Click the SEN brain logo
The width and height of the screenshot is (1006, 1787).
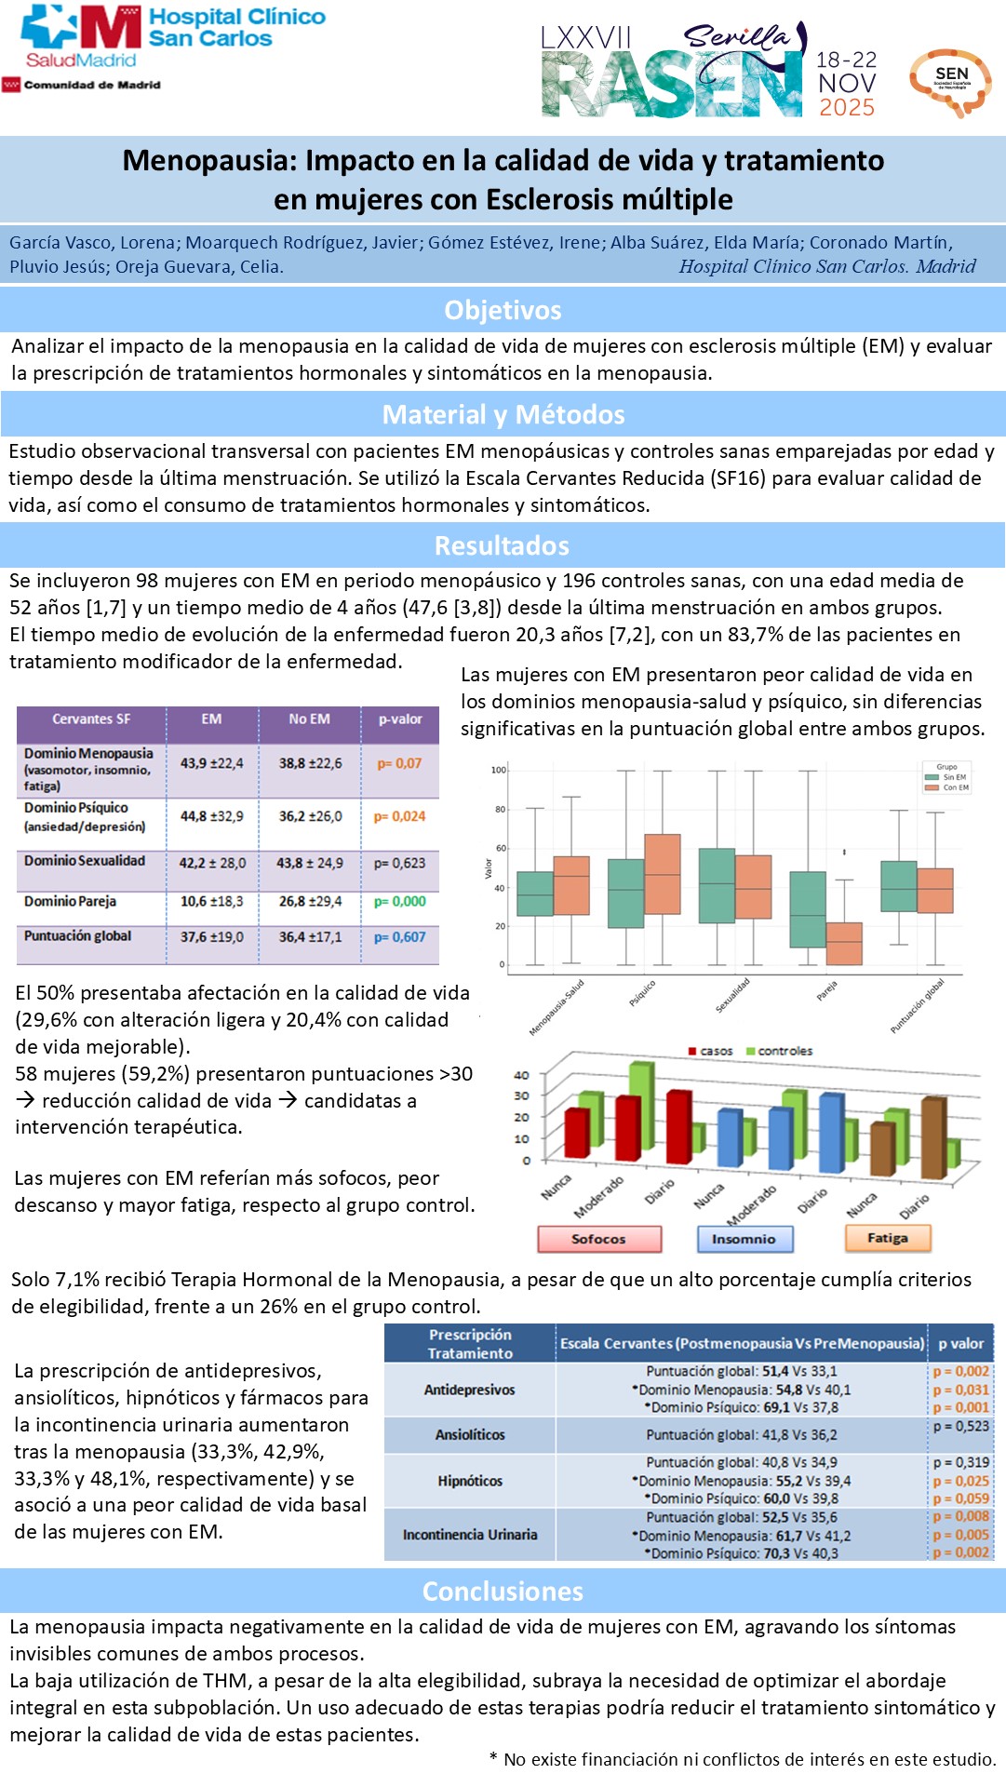click(950, 82)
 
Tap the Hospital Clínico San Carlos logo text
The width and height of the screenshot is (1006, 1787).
click(236, 28)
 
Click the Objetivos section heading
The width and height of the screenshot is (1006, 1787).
click(503, 310)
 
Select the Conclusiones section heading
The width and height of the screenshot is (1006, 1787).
click(503, 1592)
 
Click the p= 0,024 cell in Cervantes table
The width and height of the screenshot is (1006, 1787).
click(399, 816)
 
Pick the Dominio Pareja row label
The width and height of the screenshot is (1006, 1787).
click(71, 901)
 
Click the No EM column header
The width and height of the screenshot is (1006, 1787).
click(309, 719)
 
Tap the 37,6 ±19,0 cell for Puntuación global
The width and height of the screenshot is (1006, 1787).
click(211, 937)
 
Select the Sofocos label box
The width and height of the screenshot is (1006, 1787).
click(599, 1239)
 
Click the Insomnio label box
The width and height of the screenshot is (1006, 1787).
click(744, 1239)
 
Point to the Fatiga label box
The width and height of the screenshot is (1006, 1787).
click(887, 1238)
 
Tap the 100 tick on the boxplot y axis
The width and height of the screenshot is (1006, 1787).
click(499, 770)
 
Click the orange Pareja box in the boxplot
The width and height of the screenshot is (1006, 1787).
click(844, 944)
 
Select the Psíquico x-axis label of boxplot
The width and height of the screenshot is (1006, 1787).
click(642, 993)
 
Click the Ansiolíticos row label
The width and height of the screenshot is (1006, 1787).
click(470, 1435)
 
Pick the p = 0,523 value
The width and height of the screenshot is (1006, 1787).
click(961, 1426)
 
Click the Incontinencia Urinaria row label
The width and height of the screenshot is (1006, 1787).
click(470, 1535)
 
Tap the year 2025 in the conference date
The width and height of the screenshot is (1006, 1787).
click(847, 108)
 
